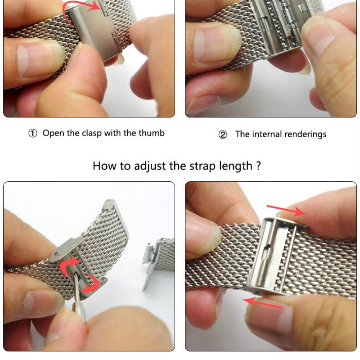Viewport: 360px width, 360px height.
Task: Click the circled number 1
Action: (x=32, y=133)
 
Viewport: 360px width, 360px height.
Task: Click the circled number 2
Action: (x=223, y=135)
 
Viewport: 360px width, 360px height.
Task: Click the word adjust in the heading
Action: (x=149, y=166)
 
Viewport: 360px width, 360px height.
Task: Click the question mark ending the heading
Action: (x=258, y=166)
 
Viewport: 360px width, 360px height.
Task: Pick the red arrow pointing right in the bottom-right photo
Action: (x=287, y=211)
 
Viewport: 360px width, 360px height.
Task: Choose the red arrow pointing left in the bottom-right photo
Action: (x=262, y=302)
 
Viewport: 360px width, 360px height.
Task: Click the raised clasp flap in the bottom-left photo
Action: (x=65, y=250)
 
